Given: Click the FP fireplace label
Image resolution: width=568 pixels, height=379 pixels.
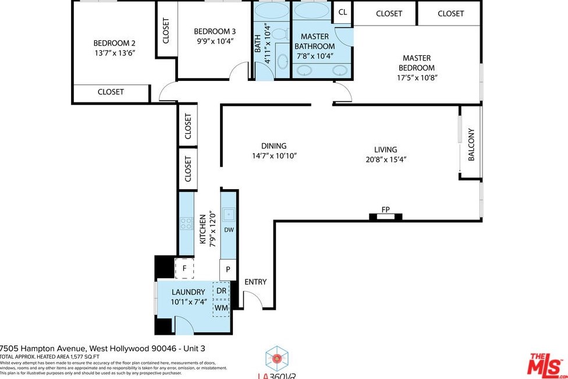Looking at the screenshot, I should coord(385,210).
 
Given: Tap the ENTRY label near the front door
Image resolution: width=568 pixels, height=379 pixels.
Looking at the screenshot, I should coord(255,282).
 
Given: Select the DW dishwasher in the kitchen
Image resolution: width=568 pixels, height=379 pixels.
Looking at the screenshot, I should coord(229,230).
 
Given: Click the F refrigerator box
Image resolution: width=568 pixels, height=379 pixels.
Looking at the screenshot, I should coord(184,268).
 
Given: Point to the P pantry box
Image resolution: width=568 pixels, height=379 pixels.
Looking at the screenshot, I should coord(228,270).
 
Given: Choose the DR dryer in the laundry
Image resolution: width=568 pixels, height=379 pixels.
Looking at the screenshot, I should coord(221,291).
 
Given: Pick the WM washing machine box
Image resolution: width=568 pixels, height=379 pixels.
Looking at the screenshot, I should coord(221,307).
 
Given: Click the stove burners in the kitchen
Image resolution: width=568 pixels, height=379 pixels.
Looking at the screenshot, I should coord(186,222).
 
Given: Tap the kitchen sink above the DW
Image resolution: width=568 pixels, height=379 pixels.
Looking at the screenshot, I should coord(229,215).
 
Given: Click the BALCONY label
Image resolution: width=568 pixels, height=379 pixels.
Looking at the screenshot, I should coord(471,144).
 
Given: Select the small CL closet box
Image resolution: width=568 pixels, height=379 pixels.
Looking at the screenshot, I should coord(343,12).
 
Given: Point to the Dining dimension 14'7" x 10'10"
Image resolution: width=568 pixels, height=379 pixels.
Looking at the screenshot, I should coord(274,156).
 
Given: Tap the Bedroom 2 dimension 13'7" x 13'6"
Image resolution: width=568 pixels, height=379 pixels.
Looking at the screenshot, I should coord(114,52).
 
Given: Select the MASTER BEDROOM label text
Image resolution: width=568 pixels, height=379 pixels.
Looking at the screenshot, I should coord(417,63).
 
